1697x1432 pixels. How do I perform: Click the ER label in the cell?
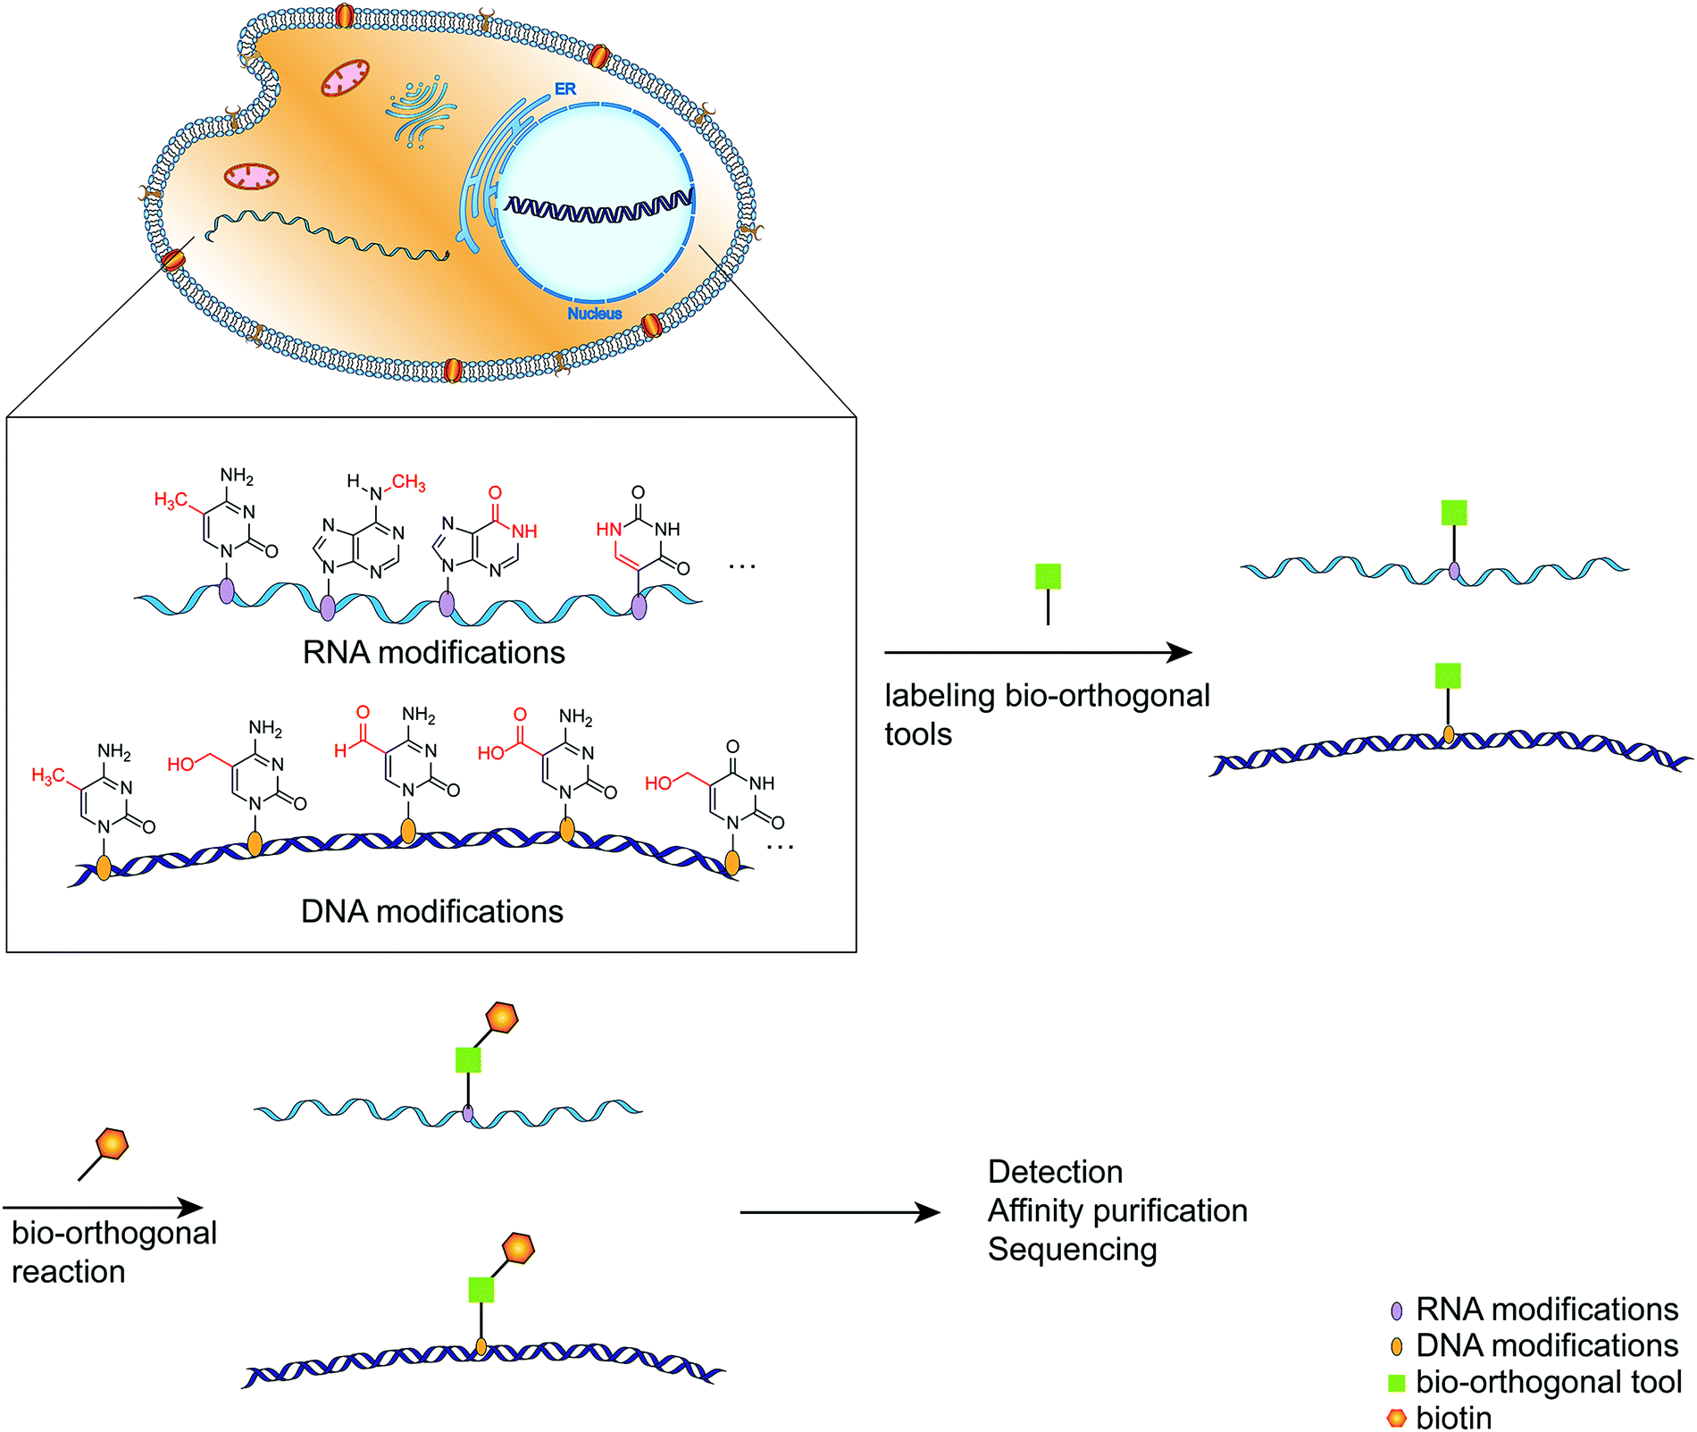[565, 89]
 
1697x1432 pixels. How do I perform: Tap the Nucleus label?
[595, 314]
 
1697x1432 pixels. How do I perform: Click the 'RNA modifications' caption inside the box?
[433, 653]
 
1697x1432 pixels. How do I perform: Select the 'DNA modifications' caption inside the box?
[432, 912]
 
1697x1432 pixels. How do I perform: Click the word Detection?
[1055, 1172]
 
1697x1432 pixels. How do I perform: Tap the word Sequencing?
[1072, 1250]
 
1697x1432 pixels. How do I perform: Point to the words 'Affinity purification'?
[1117, 1211]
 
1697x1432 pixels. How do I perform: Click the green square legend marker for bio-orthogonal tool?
[1397, 1383]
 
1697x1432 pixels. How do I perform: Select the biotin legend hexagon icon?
[1397, 1418]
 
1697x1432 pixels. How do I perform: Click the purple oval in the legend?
[1397, 1311]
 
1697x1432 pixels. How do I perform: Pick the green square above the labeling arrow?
[1048, 576]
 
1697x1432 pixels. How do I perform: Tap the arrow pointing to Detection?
[840, 1212]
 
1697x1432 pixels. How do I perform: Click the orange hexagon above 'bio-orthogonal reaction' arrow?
[113, 1143]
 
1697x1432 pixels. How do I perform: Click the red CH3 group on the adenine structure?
[408, 482]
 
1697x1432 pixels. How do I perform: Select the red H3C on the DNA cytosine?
[47, 775]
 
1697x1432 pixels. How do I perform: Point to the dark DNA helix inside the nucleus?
[598, 207]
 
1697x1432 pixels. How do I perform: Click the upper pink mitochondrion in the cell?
[345, 79]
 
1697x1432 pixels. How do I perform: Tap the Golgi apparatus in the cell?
[420, 112]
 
